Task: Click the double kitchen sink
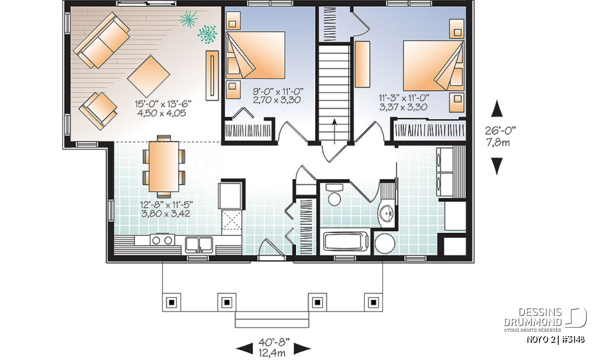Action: tap(199, 245)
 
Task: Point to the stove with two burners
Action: tap(162, 240)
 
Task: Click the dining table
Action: tap(164, 166)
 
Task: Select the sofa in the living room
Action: tap(101, 40)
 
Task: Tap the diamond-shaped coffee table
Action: tap(148, 76)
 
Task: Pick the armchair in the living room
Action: tap(98, 111)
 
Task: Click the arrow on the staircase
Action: tap(334, 131)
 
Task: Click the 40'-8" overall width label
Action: tap(274, 342)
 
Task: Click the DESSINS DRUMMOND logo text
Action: tap(533, 317)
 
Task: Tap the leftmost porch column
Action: tap(171, 302)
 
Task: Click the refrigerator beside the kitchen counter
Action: tap(231, 195)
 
